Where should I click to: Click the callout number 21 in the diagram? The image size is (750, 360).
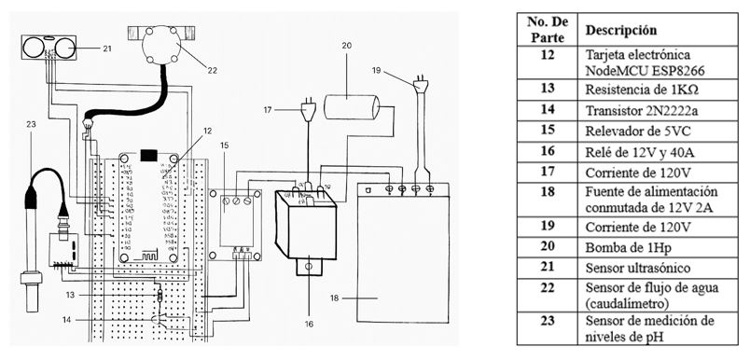[x=106, y=48]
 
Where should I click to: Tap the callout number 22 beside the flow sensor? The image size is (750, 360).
[x=213, y=71]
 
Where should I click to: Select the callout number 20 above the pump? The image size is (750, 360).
[x=347, y=46]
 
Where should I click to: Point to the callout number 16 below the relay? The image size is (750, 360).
[x=309, y=325]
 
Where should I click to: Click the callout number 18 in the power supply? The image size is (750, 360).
[x=334, y=298]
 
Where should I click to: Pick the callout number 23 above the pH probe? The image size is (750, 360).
[x=31, y=124]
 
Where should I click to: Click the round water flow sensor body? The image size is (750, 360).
[x=161, y=46]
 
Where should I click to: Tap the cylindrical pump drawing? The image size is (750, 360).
[x=352, y=107]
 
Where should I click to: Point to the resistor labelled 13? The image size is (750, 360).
[x=160, y=296]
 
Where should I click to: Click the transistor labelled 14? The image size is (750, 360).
[x=157, y=320]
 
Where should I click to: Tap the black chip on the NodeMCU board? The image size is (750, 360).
[x=148, y=156]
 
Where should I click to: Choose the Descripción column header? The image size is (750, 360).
[x=621, y=30]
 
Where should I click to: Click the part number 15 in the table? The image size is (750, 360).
[x=548, y=131]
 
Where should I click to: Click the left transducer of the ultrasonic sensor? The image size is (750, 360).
[x=33, y=47]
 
